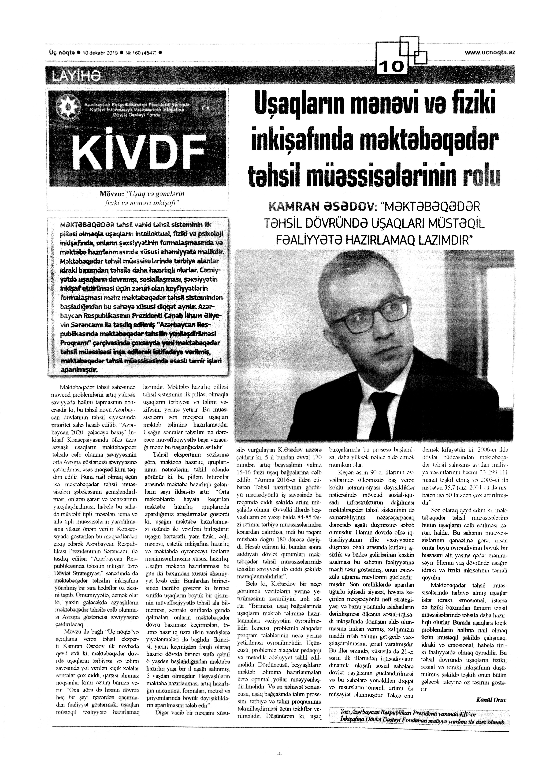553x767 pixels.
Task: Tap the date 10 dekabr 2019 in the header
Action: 100,53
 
